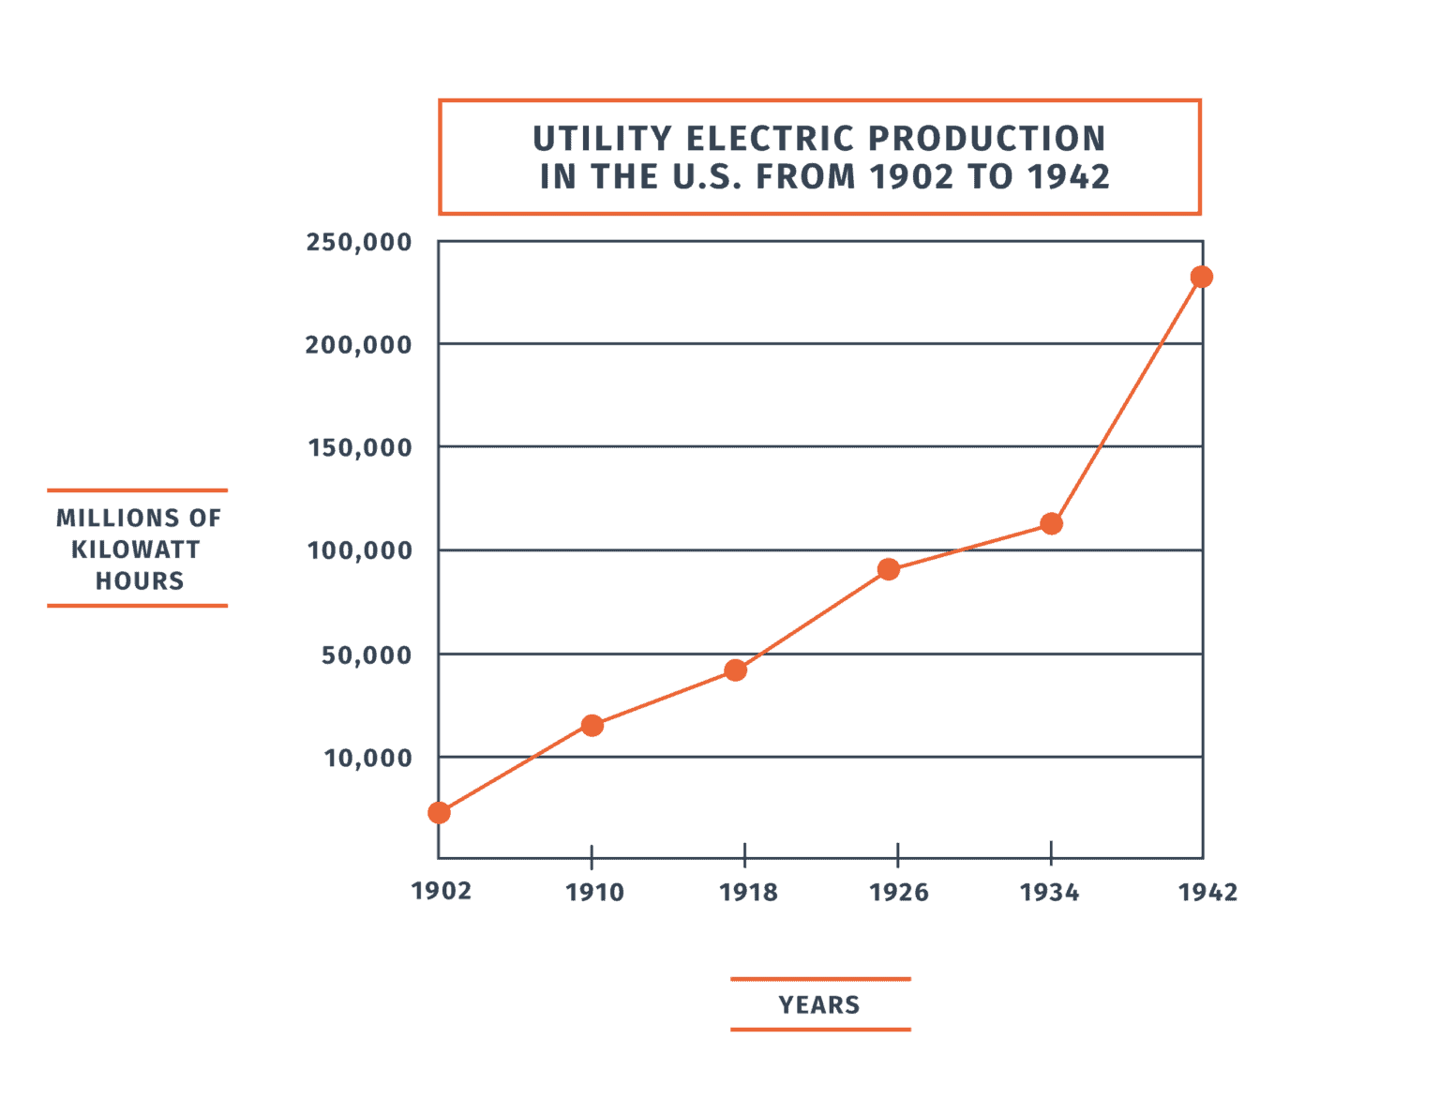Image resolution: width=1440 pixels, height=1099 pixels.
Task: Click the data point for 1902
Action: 439,812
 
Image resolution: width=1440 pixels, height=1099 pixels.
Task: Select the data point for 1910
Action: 592,725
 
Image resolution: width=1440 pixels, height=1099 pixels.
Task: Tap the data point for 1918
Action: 736,670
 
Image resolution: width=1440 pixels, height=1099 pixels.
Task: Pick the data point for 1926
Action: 889,569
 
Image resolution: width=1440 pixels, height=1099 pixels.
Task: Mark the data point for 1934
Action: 1052,523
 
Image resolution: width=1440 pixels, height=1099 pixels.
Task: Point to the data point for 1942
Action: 1201,277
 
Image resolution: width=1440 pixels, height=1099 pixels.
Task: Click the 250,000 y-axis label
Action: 359,242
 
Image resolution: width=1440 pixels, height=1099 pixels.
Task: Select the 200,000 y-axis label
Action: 359,345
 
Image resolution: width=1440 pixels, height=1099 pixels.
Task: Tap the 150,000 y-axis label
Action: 361,447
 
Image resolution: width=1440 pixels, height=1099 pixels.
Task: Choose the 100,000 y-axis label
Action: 361,550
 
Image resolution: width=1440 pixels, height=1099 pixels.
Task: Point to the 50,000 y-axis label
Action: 367,655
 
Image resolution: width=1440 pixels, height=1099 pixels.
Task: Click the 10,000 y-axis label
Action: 368,758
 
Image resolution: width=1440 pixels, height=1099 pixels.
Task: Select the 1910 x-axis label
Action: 594,892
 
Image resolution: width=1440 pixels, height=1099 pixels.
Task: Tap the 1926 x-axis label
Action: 899,892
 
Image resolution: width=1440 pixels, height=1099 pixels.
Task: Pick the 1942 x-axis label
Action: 1208,892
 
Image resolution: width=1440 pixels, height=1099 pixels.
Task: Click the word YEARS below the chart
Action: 819,1005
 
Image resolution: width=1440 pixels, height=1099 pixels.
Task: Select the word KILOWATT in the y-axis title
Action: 136,549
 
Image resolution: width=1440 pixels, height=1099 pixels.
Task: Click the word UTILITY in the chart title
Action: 602,139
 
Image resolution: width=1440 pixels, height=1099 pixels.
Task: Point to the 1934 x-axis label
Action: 1050,892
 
